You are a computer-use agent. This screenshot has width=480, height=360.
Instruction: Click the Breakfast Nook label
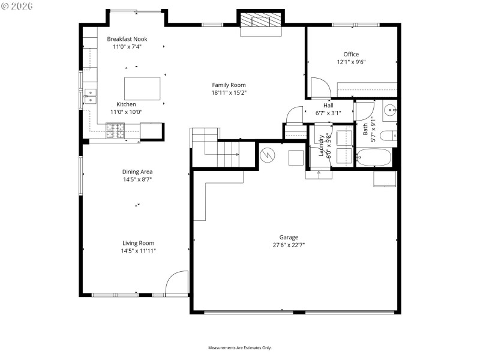[x=127, y=39]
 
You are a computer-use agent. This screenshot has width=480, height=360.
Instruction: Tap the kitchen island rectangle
[x=142, y=88]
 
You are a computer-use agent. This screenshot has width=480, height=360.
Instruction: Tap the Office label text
[x=351, y=54]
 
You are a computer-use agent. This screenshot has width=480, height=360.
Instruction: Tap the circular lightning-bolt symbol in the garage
[x=268, y=155]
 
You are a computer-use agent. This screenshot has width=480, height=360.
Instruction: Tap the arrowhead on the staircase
[x=237, y=155]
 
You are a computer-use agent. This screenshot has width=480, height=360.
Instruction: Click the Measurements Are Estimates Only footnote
[x=240, y=347]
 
